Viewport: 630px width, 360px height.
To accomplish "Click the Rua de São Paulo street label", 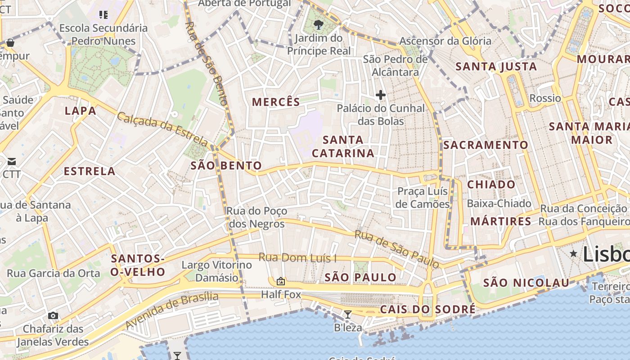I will click(396, 249).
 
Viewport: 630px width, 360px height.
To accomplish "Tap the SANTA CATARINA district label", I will click(343, 146).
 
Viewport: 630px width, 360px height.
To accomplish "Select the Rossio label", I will click(545, 98).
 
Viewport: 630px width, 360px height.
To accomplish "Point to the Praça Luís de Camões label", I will click(423, 198).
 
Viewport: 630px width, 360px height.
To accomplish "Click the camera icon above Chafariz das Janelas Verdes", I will click(53, 315).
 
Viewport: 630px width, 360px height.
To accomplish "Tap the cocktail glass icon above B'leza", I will click(347, 314).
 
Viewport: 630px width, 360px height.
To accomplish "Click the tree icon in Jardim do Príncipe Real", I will click(319, 24).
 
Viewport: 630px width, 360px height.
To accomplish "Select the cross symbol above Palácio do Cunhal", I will click(381, 95).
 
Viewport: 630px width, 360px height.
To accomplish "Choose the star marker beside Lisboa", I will click(573, 254).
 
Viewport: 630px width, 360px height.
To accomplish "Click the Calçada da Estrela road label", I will click(163, 130).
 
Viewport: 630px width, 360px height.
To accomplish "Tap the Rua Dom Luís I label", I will click(298, 258).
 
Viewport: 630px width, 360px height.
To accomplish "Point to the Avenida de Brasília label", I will click(171, 310).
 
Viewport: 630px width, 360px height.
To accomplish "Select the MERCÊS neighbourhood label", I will click(276, 102).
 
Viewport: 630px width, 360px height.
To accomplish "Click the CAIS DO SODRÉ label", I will click(427, 309).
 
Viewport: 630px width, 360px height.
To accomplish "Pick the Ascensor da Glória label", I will click(445, 41).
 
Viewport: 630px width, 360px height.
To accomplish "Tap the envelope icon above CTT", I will click(12, 161).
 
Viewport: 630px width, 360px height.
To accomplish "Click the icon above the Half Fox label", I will click(281, 282).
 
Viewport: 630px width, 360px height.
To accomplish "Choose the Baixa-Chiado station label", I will click(499, 203).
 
